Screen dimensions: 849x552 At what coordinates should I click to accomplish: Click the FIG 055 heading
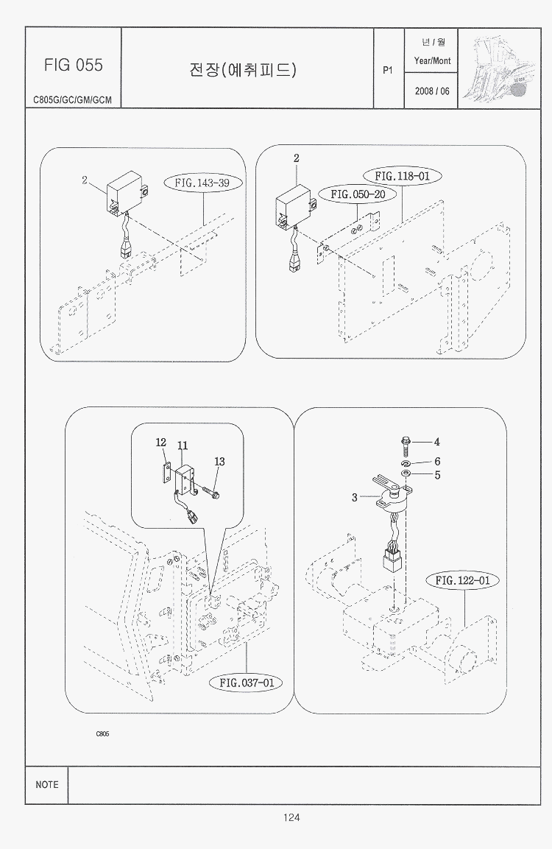(x=73, y=65)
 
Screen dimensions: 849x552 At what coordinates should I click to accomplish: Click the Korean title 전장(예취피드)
(x=243, y=70)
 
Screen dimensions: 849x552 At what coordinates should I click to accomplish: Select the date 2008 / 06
(x=431, y=92)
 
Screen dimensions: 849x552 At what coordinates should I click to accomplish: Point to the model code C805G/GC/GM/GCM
(x=73, y=100)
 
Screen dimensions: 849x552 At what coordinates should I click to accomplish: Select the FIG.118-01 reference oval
(x=402, y=176)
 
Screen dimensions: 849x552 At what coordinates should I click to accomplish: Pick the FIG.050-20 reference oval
(x=358, y=194)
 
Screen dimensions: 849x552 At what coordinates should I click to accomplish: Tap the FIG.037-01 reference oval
(x=246, y=683)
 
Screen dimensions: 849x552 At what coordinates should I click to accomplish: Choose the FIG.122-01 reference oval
(x=462, y=580)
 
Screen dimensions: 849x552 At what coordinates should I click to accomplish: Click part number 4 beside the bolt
(x=436, y=442)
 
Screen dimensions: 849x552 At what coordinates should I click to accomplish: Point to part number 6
(x=437, y=462)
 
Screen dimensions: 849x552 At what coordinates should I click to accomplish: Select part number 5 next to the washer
(x=437, y=475)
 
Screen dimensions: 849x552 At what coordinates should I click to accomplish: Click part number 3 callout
(x=355, y=498)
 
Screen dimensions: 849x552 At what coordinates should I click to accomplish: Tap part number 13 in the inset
(x=219, y=462)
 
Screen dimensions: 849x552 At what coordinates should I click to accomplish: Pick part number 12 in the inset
(x=161, y=443)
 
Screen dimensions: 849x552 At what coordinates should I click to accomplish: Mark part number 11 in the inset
(x=183, y=445)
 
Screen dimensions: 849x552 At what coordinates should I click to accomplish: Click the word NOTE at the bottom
(x=47, y=785)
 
